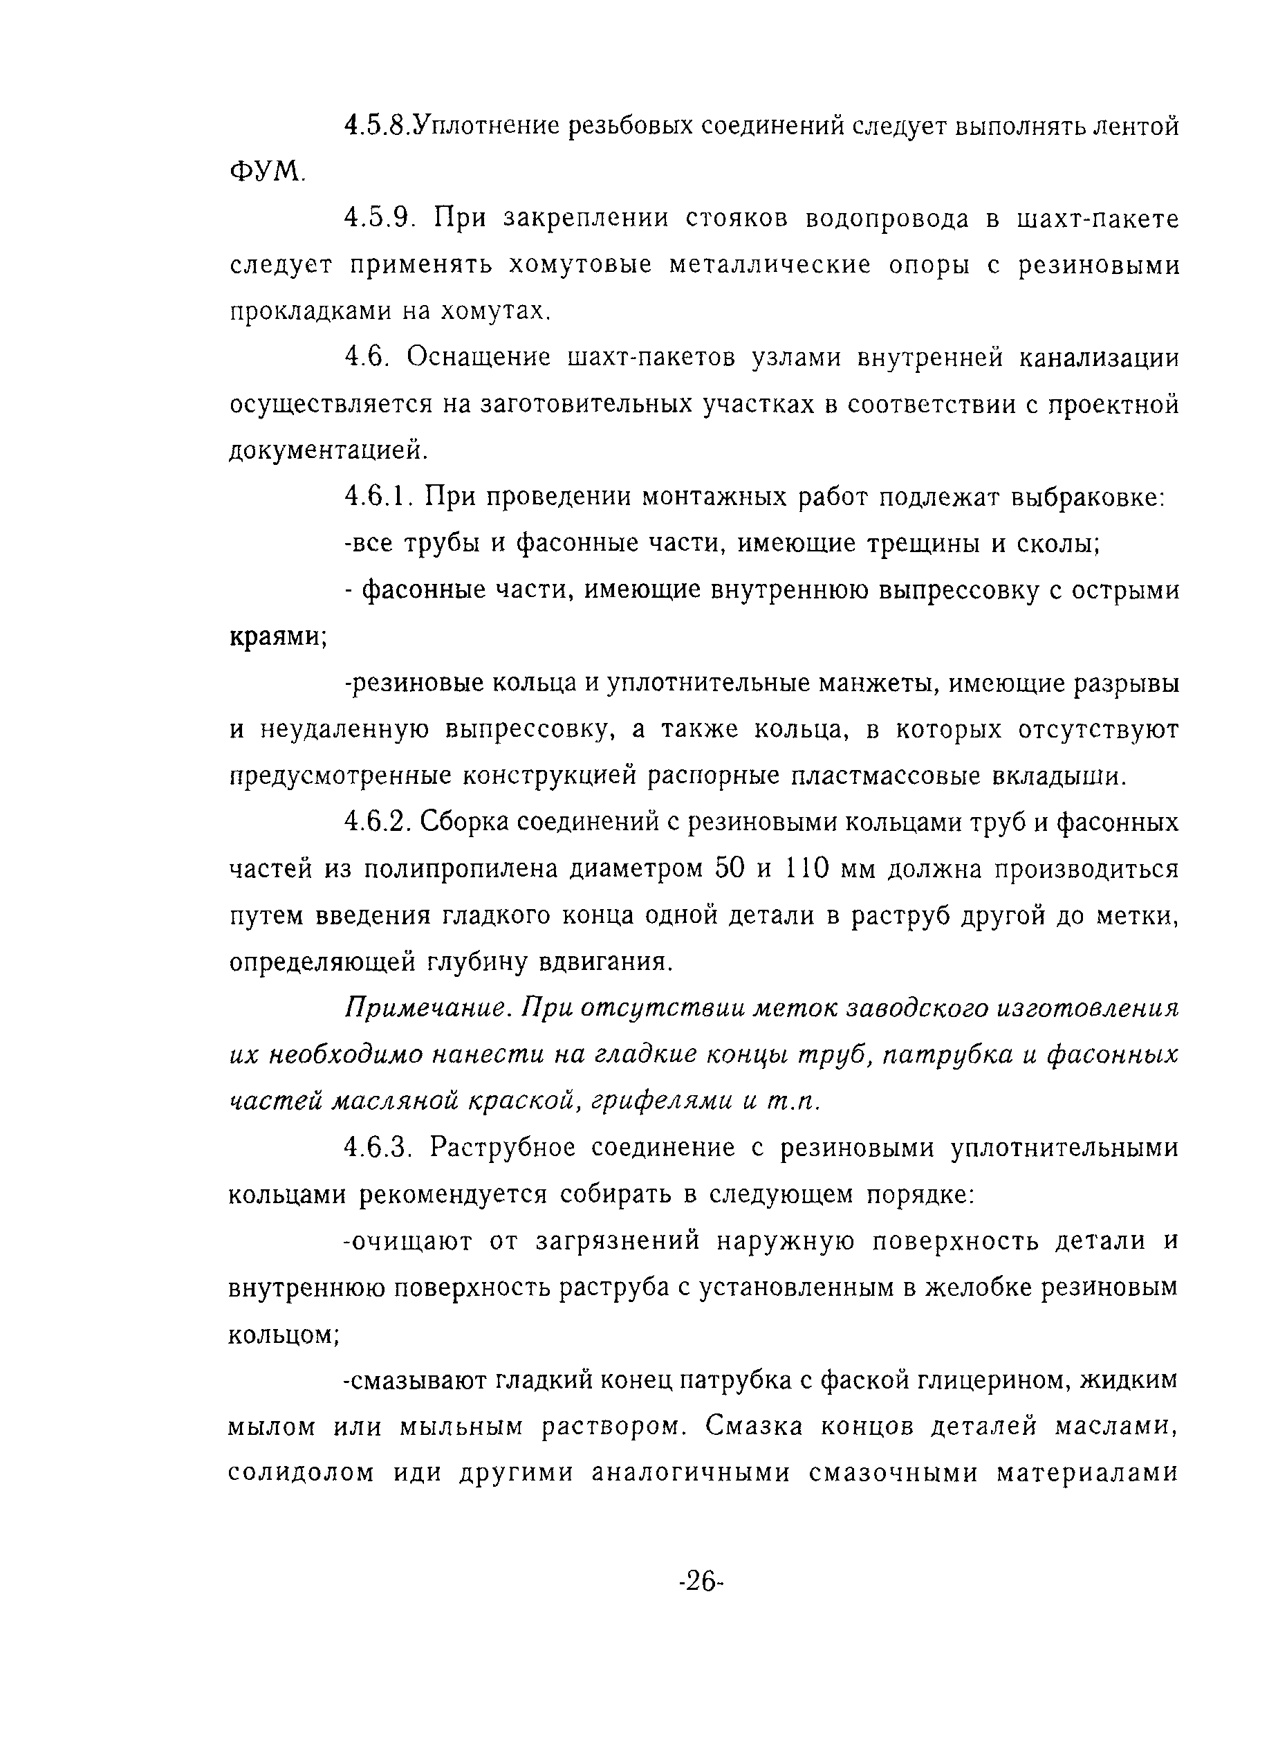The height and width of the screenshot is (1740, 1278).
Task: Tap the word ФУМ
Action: click(x=267, y=172)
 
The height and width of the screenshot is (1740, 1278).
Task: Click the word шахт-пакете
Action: click(x=1095, y=220)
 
